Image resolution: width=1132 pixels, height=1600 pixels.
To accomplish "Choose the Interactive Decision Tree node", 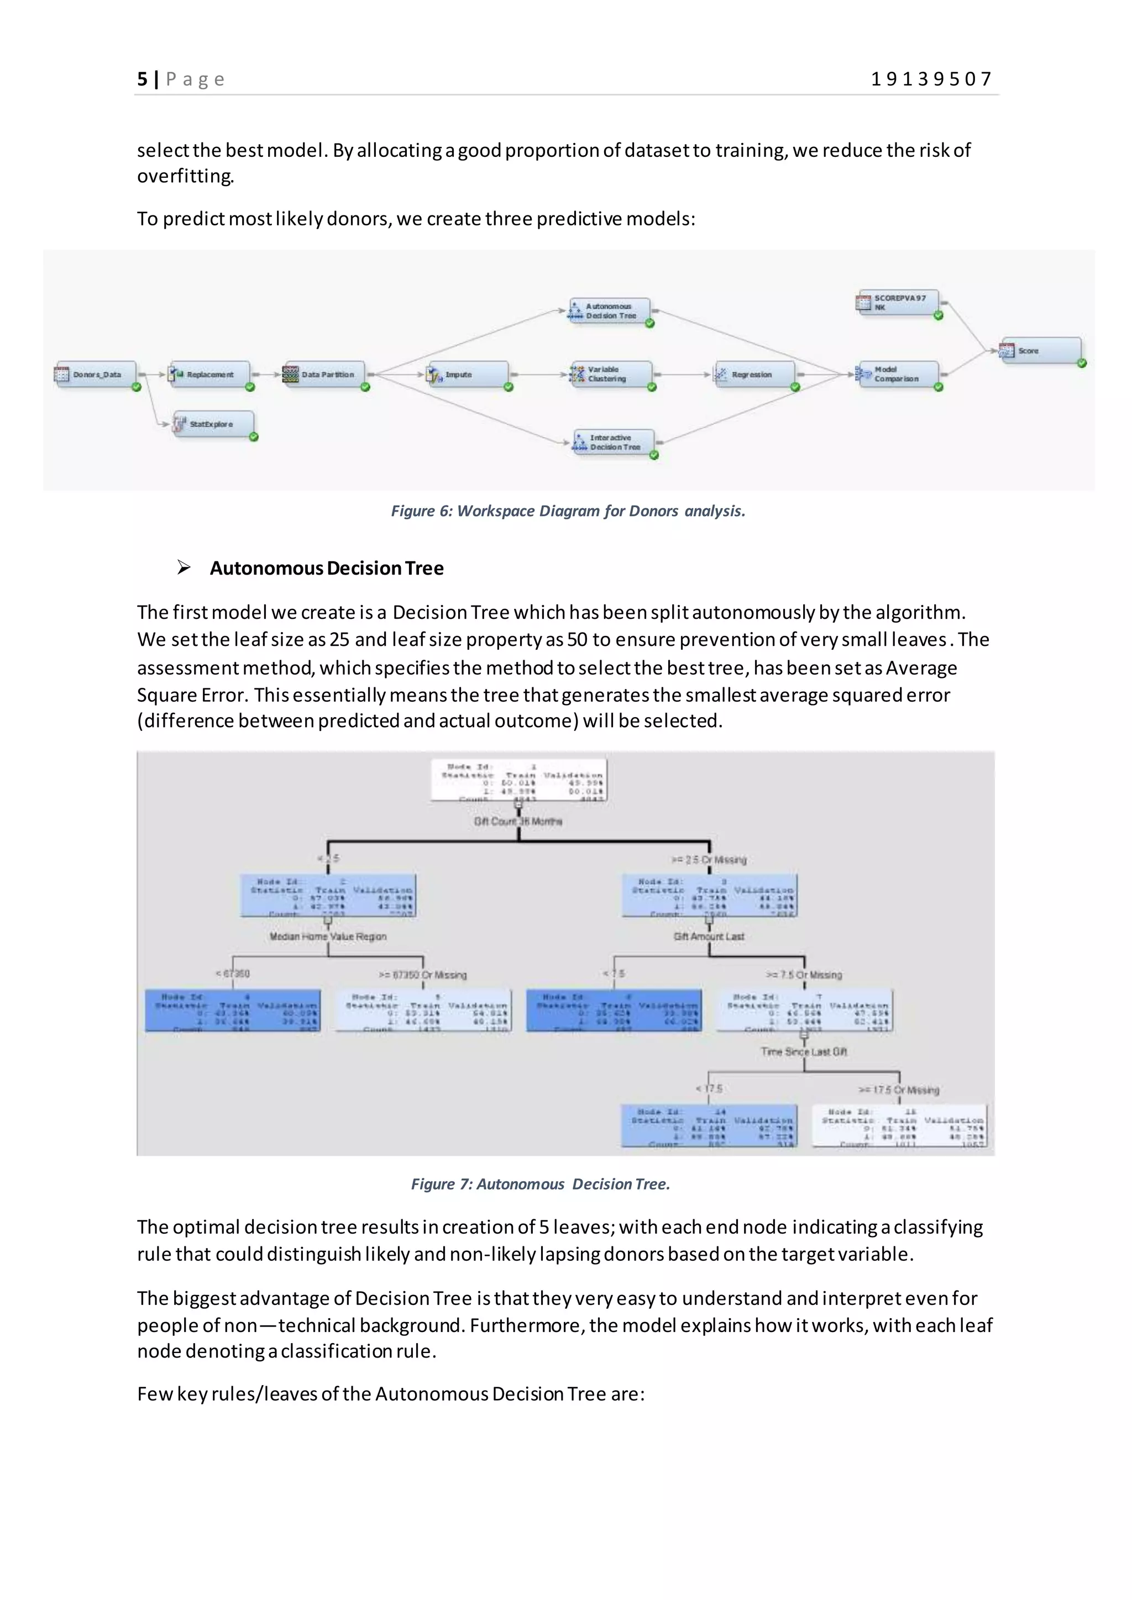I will (x=614, y=443).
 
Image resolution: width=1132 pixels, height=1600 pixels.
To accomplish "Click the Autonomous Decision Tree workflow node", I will (x=609, y=311).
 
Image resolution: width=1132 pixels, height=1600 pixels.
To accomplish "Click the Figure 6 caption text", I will (x=568, y=511).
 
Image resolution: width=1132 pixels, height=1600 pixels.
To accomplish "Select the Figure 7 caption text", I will (x=540, y=1184).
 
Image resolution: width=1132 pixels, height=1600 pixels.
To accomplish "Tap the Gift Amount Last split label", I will (x=709, y=936).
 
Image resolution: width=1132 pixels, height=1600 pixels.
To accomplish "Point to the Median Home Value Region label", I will (x=328, y=936).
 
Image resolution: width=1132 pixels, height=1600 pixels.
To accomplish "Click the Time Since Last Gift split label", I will (x=804, y=1051).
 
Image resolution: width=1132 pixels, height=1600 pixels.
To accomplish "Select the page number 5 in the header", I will (x=142, y=80).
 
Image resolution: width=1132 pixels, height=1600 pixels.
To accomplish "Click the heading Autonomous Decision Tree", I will (x=326, y=568).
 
